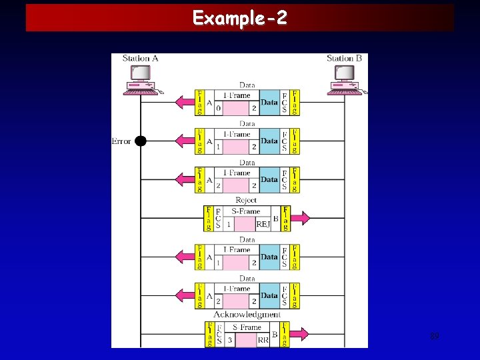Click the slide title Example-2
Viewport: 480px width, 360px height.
(x=240, y=17)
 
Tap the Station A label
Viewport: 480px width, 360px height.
(x=141, y=58)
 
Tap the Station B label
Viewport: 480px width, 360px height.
(x=344, y=58)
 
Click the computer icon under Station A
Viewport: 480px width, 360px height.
(x=141, y=86)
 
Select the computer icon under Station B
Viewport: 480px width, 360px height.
(x=344, y=86)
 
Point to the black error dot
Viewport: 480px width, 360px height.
(x=141, y=141)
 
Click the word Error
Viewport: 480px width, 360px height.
(x=121, y=141)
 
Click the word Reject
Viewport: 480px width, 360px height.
(x=246, y=200)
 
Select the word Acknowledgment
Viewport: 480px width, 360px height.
(x=247, y=314)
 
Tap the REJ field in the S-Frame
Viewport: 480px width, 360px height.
(x=263, y=225)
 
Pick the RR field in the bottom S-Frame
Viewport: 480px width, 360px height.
(x=263, y=339)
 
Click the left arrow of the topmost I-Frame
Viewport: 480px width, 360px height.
(x=184, y=103)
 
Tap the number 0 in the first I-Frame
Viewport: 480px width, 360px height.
(x=218, y=108)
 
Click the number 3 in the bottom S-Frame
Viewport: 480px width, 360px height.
(x=229, y=339)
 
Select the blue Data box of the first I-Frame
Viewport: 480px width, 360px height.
(x=269, y=103)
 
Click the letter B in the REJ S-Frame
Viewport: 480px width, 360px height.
(x=275, y=218)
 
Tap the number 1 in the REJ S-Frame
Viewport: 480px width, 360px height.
(x=229, y=225)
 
